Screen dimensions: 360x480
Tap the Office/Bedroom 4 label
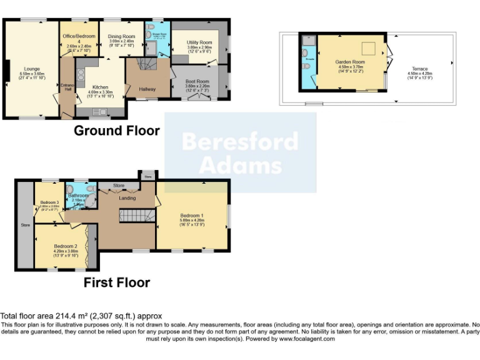coord(79,36)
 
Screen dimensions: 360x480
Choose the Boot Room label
coord(196,82)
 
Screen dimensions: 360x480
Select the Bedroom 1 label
coord(193,216)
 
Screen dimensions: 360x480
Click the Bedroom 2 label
coord(65,246)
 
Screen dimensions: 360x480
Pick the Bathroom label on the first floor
coord(78,196)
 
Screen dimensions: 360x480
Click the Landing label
coord(127,198)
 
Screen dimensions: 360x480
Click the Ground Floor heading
coord(117,131)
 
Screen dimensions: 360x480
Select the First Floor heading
coord(117,282)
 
